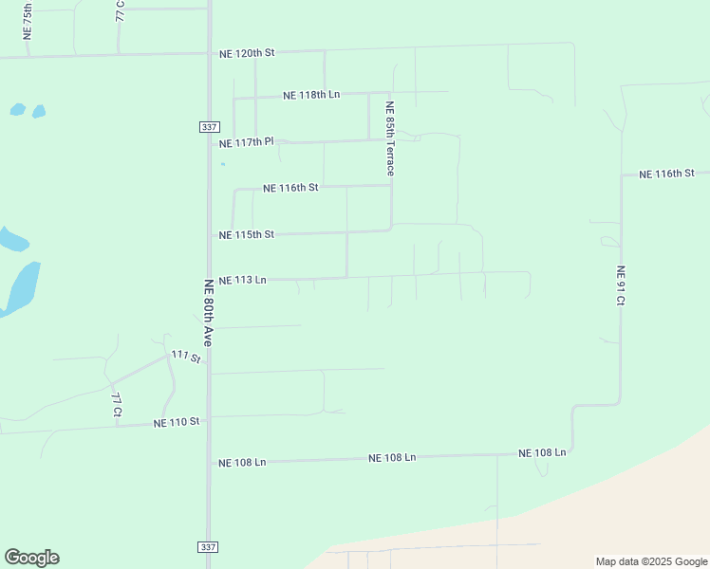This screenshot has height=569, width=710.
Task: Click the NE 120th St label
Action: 246,53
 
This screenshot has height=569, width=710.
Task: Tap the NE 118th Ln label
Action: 311,95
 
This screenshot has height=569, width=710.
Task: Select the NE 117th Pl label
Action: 246,143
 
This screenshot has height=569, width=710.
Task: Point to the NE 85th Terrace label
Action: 389,138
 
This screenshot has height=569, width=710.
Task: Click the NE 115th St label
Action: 246,234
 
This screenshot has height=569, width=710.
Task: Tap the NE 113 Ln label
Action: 242,281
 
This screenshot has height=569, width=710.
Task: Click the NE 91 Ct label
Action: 621,285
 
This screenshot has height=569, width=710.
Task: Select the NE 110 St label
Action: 177,422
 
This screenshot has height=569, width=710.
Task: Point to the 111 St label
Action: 186,357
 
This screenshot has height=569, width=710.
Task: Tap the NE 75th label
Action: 28,21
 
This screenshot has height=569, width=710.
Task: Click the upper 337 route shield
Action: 209,127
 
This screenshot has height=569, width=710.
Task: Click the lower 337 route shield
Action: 209,547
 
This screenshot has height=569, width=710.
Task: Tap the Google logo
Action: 31,558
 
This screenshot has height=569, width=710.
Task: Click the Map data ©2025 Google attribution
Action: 652,561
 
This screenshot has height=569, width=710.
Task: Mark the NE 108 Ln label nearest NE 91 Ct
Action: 542,453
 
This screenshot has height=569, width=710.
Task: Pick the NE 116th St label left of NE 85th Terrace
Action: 290,188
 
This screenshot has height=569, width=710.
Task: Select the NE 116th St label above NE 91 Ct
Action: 667,174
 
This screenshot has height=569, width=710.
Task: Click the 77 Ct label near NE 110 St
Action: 116,405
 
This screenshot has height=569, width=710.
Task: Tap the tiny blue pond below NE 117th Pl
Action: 223,164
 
